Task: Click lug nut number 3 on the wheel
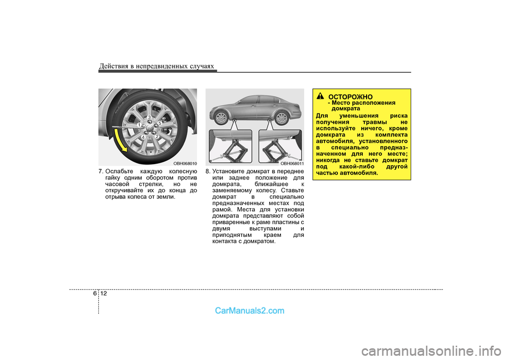click(x=149, y=117)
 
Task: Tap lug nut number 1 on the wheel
click(x=139, y=125)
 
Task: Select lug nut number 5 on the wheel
click(x=159, y=123)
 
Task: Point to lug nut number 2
click(x=157, y=136)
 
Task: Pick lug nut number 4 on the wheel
click(x=143, y=138)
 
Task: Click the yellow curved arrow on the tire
click(x=121, y=140)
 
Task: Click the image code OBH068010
click(x=185, y=164)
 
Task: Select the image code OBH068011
click(x=292, y=164)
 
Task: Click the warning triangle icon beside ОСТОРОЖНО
click(x=321, y=96)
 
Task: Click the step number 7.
click(x=101, y=172)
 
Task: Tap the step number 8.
click(x=208, y=172)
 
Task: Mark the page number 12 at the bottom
click(x=103, y=294)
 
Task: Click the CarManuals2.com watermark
click(x=249, y=311)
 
